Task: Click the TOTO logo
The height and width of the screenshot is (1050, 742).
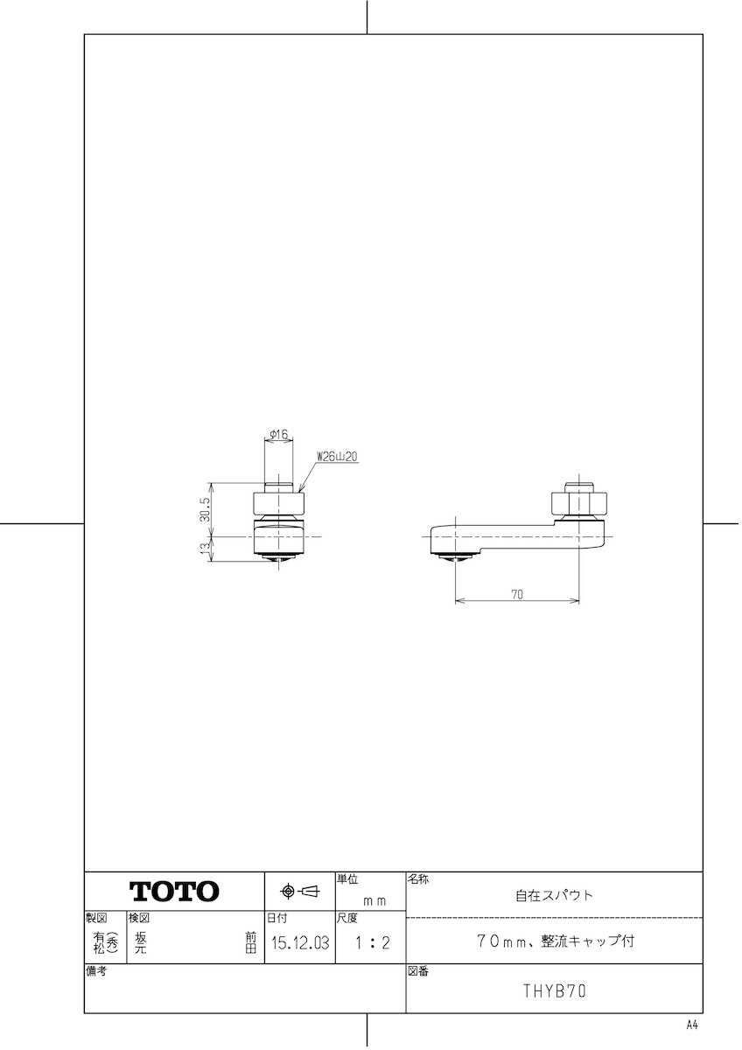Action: (175, 892)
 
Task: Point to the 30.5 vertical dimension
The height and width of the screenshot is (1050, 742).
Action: (204, 508)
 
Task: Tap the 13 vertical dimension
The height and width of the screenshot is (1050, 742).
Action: (204, 549)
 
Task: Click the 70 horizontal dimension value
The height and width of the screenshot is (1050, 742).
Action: (516, 594)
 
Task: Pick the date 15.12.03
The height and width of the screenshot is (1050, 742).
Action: (299, 943)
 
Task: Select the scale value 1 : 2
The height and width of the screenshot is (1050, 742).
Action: (371, 943)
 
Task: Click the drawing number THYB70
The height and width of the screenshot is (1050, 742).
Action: (554, 991)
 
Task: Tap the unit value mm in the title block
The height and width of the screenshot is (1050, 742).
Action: (374, 899)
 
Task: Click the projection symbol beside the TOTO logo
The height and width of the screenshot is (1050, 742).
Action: (299, 892)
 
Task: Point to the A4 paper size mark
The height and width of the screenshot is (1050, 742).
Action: (693, 1025)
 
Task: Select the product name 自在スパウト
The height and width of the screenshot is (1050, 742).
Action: (554, 895)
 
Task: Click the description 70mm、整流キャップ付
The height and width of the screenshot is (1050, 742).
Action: (554, 942)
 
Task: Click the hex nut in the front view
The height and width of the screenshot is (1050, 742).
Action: (280, 505)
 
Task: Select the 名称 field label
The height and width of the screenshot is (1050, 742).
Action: (417, 878)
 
